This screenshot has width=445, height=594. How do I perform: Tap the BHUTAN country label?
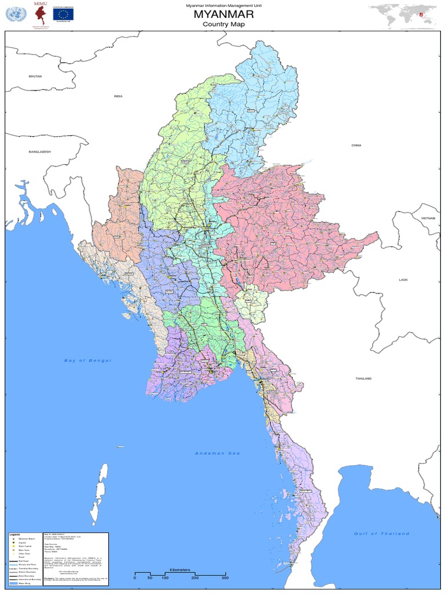pyautogui.click(x=36, y=76)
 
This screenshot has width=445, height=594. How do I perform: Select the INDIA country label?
pyautogui.click(x=118, y=96)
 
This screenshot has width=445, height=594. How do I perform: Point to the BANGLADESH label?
pyautogui.click(x=41, y=151)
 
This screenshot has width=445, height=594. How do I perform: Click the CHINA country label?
pyautogui.click(x=356, y=145)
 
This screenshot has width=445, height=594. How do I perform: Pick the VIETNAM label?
pyautogui.click(x=428, y=217)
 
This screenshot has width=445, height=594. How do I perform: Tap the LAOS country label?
pyautogui.click(x=403, y=280)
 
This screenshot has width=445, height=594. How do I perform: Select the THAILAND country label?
pyautogui.click(x=363, y=378)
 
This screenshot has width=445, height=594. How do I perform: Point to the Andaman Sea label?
pyautogui.click(x=216, y=453)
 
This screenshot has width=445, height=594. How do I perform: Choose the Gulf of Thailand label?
pyautogui.click(x=381, y=533)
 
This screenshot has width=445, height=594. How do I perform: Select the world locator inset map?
pyautogui.click(x=404, y=15)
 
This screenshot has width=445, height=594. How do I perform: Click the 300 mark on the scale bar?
pyautogui.click(x=224, y=578)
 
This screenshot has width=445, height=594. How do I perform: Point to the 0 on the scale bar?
pyautogui.click(x=134, y=578)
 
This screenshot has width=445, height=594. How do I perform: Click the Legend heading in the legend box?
pyautogui.click(x=14, y=534)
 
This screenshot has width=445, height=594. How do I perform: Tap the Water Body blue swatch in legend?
pyautogui.click(x=12, y=584)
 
